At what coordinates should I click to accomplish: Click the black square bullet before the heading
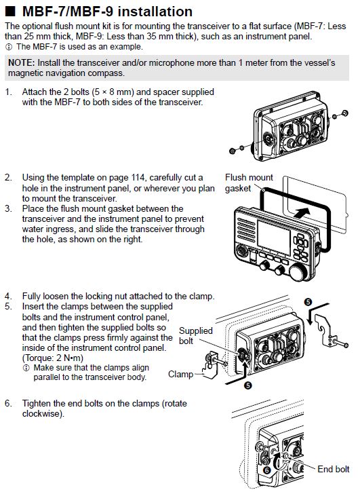(11, 12)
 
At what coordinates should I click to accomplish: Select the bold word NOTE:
(24, 62)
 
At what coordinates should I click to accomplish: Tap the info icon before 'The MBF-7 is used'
(9, 46)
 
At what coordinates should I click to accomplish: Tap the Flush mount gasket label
(248, 183)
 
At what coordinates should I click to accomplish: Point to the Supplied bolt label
(195, 335)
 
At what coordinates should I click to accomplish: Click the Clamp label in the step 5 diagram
(182, 373)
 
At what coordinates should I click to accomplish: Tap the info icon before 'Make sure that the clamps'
(26, 367)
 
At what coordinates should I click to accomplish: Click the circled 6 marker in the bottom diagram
(266, 468)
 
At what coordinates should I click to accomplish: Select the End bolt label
(334, 469)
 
